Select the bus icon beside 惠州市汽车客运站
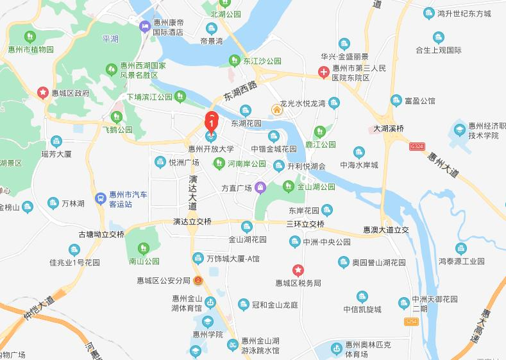[100, 199]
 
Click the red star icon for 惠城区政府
[43, 92]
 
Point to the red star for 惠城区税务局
[298, 270]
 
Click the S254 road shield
[411, 320]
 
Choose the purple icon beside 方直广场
[260, 188]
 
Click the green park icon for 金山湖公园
[289, 187]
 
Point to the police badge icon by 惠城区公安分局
[198, 281]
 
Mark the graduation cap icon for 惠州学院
[207, 321]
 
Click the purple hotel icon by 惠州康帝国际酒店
[145, 26]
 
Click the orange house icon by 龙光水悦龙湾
[276, 109]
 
